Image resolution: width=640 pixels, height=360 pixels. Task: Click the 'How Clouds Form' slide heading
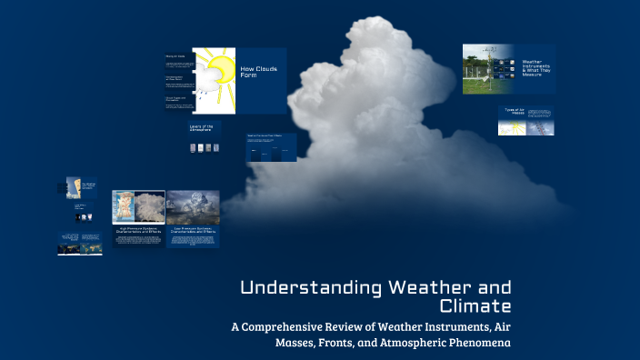(260, 73)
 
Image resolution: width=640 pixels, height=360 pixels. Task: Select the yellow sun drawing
(215, 65)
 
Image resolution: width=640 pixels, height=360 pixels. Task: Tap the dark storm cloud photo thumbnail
(193, 207)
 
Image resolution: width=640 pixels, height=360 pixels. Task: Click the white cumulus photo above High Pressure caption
(138, 207)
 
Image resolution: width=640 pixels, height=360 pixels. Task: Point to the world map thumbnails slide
(80, 244)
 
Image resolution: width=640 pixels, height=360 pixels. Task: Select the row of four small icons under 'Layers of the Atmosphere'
(205, 148)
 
